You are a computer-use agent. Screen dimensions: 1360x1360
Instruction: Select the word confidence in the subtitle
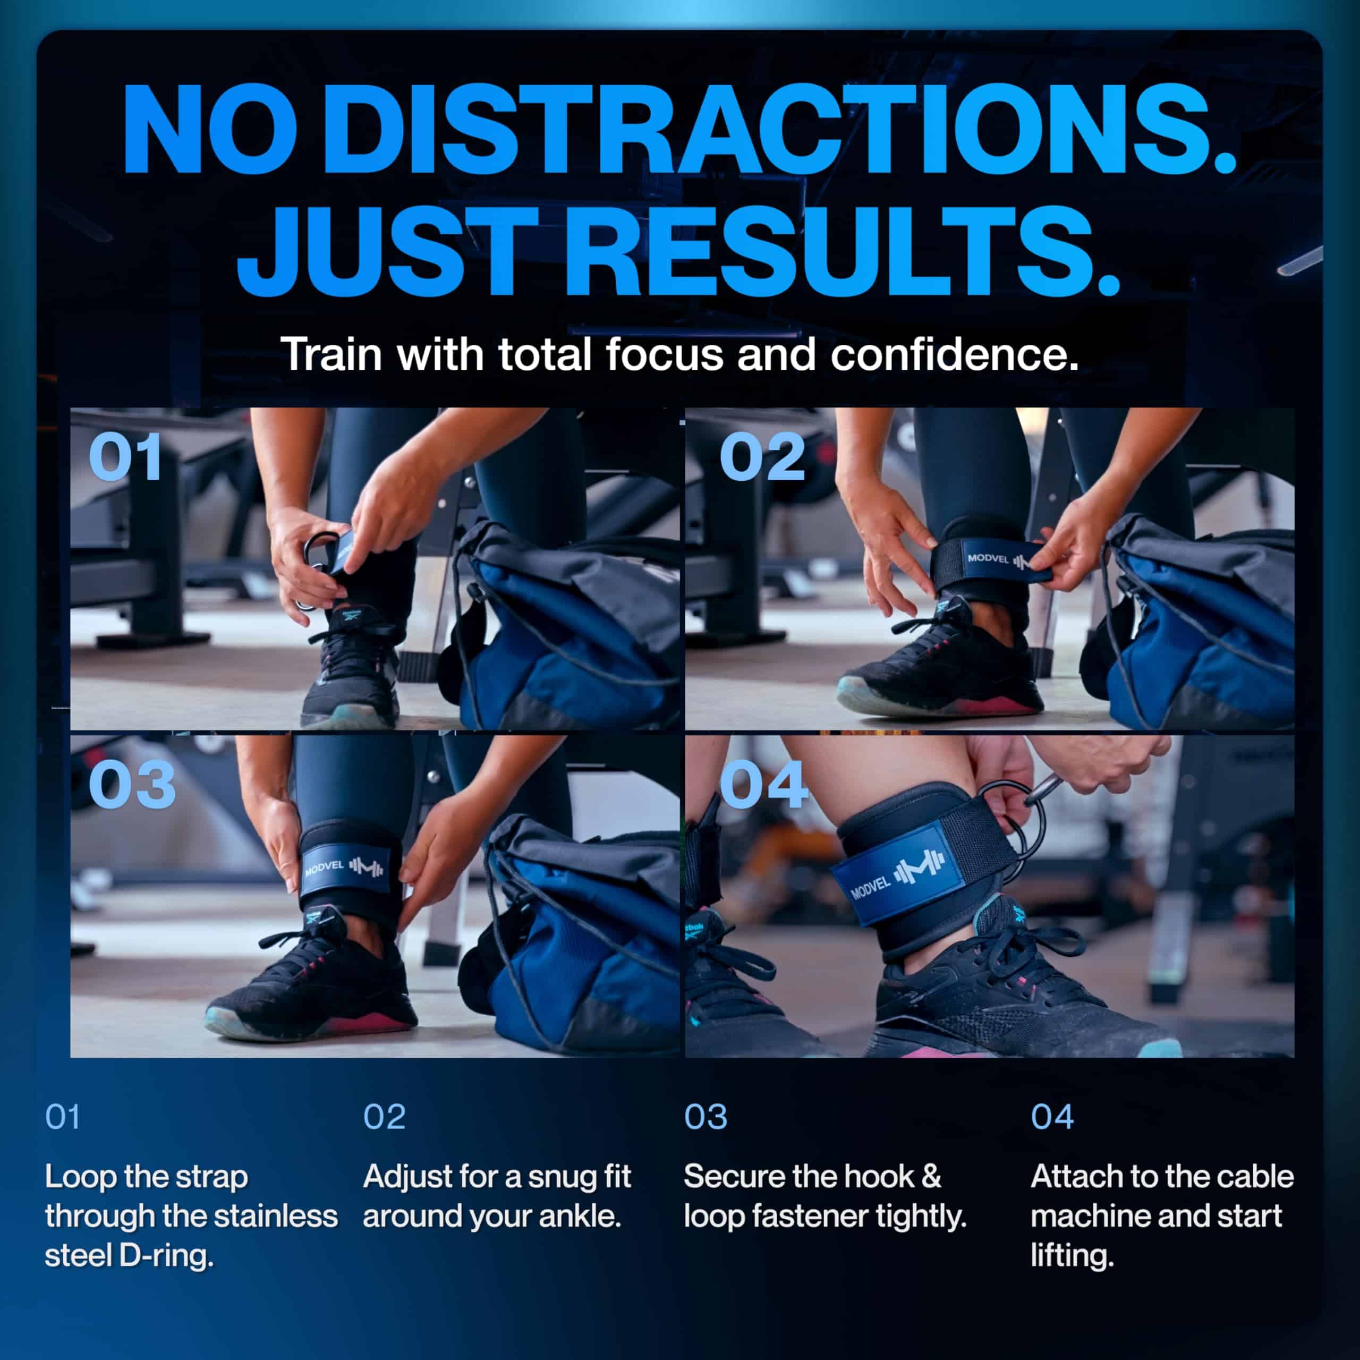click(x=954, y=354)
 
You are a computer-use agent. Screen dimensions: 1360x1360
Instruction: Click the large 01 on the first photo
click(x=125, y=457)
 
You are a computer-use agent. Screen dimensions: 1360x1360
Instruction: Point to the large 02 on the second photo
click(x=762, y=457)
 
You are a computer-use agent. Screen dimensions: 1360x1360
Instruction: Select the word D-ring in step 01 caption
click(x=166, y=1255)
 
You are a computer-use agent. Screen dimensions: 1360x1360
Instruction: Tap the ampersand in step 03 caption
click(x=931, y=1177)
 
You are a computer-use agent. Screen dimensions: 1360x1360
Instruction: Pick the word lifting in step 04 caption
click(x=1072, y=1256)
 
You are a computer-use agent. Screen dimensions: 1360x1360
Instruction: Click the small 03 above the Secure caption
click(x=705, y=1117)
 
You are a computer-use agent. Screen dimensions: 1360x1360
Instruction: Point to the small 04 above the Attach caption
click(x=1052, y=1117)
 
